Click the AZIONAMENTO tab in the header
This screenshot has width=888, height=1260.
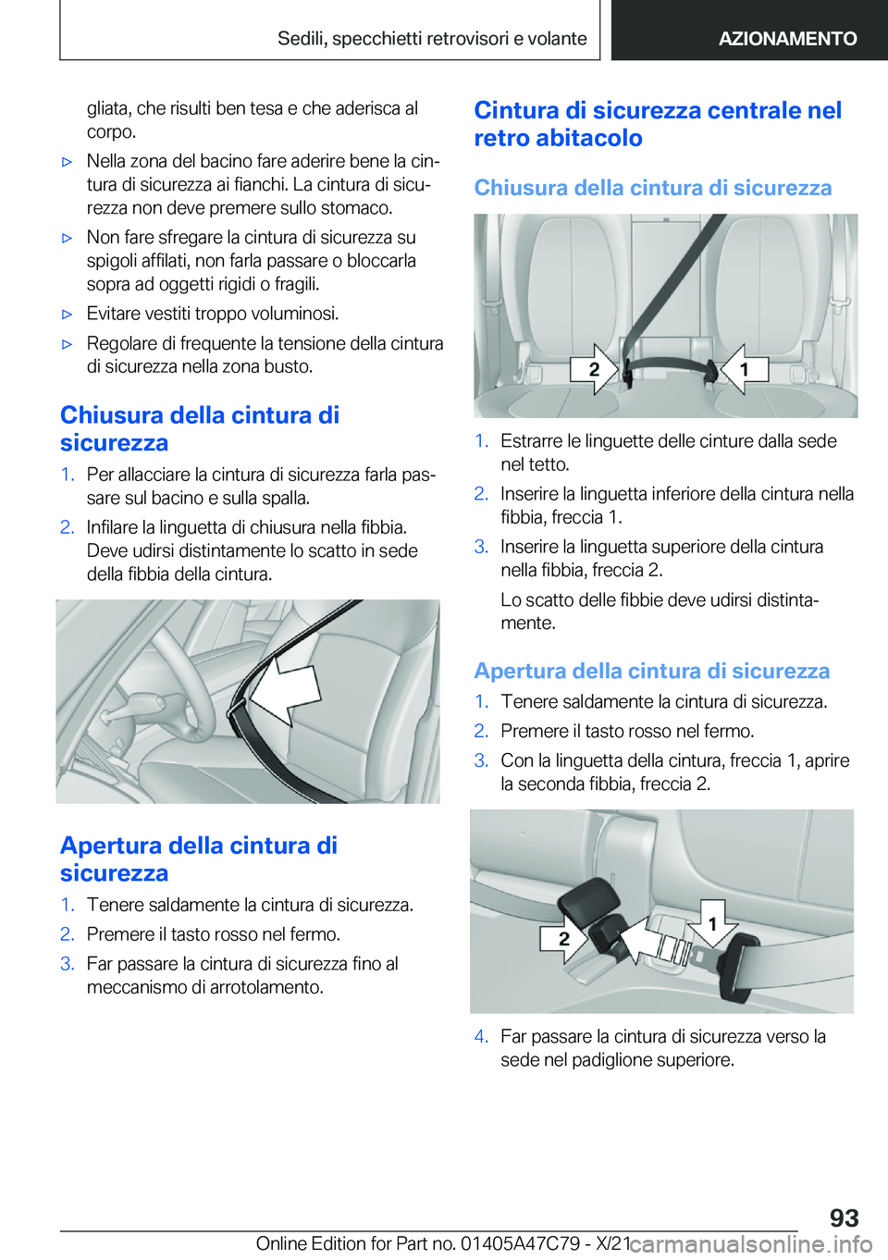coord(787,38)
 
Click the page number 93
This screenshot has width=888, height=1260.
coord(844,1217)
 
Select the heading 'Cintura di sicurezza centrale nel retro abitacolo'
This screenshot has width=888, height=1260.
coord(658,124)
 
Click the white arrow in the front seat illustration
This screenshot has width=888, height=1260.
coord(285,691)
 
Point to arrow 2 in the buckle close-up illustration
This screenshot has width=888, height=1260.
coord(564,938)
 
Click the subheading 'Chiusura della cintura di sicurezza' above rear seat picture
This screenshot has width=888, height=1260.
coord(653,187)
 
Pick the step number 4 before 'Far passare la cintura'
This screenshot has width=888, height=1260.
coord(481,1036)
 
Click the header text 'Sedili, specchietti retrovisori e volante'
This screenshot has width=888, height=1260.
coord(432,38)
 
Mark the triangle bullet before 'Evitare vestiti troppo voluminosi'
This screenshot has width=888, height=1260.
coord(67,315)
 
